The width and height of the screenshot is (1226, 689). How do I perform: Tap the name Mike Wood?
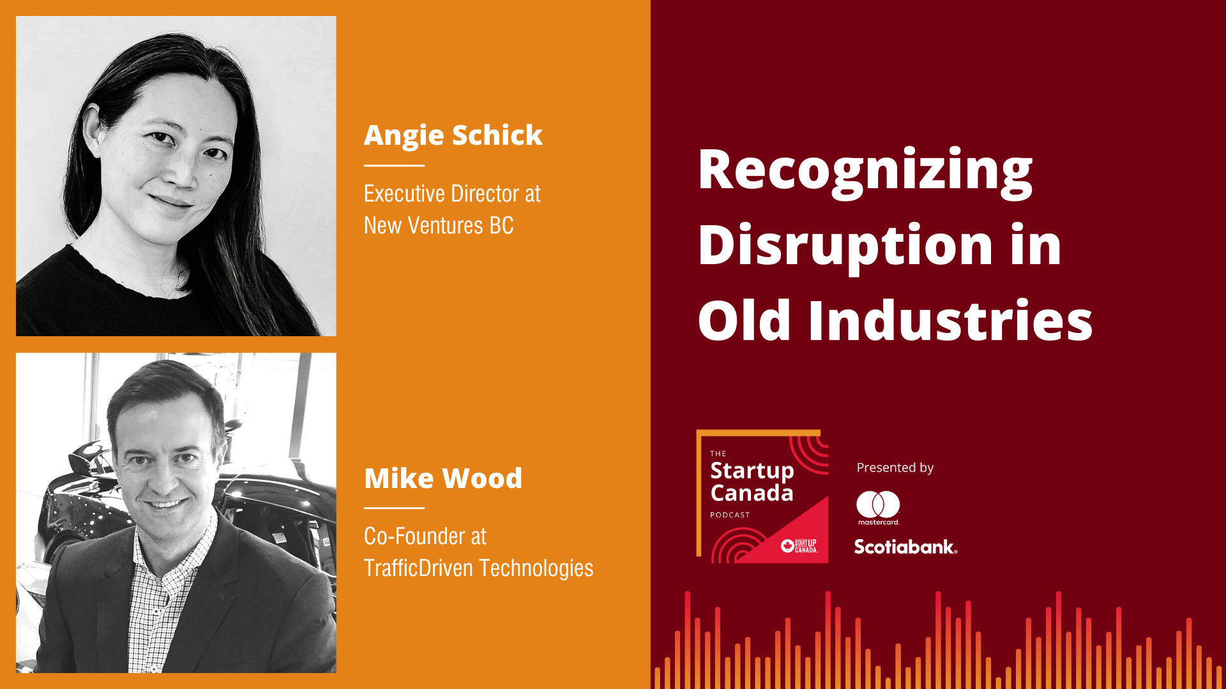coord(443,478)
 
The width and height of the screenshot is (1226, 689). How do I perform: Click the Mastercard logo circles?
coord(878,504)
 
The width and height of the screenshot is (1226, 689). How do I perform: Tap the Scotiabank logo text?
coord(905,547)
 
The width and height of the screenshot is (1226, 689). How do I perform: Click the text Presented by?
coord(895,468)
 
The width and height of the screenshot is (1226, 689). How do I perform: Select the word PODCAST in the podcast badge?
coord(730,515)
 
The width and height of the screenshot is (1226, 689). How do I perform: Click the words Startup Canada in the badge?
coord(752,482)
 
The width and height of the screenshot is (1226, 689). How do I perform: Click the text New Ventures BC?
coord(439,226)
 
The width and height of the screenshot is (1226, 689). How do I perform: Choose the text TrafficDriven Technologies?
coord(478,568)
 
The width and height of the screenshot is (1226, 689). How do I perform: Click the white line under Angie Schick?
coord(394,165)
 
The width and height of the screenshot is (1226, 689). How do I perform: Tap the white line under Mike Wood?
coord(394,508)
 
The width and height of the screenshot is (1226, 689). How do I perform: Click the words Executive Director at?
coord(452,194)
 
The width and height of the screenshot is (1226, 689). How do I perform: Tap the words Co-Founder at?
coord(425,537)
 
